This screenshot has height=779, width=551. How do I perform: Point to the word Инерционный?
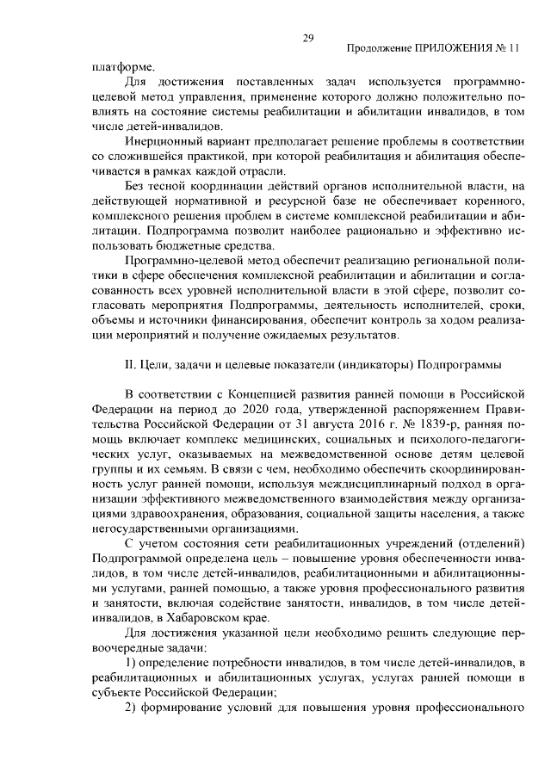164,140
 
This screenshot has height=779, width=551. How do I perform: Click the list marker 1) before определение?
132,660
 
